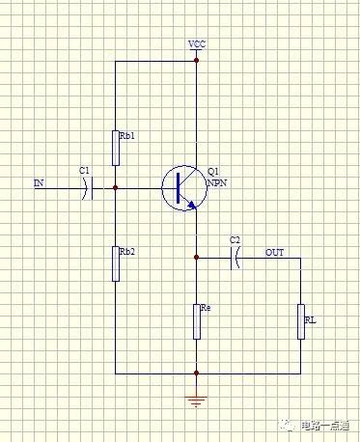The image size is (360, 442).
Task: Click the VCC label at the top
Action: coord(197,44)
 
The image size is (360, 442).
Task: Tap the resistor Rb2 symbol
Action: coord(115,262)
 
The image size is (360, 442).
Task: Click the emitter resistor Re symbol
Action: coord(196,320)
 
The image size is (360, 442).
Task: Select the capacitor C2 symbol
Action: coord(235,257)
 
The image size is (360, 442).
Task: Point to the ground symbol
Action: coord(196,399)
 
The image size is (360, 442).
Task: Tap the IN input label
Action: coord(39,182)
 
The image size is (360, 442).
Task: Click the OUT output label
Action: coord(275,252)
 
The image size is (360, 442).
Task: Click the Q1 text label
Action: coord(213,171)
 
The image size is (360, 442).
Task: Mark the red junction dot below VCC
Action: coord(196,60)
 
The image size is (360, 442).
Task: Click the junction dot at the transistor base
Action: coord(115,187)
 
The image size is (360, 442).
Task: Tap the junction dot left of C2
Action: coord(196,258)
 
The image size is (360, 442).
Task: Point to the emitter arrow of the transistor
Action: coord(193,204)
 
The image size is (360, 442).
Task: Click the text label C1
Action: coord(84,171)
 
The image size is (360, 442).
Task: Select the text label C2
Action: coord(235,239)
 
